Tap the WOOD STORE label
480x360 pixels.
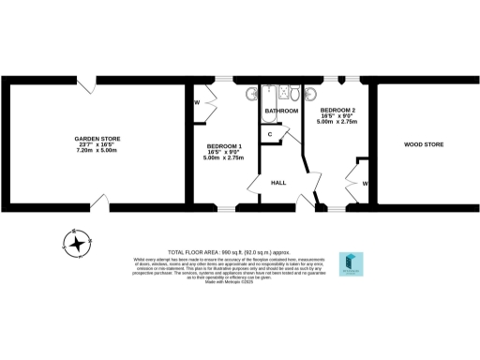423,144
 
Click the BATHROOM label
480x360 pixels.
280,111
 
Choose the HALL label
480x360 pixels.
278,182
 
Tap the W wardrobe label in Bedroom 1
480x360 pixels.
198,101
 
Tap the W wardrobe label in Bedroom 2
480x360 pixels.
365,184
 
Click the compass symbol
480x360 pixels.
76,242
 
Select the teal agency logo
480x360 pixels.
351,264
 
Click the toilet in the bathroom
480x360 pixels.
292,94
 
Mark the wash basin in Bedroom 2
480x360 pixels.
311,95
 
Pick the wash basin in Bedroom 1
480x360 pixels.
250,95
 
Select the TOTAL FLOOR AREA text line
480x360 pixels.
239,253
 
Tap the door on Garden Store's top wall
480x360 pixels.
87,86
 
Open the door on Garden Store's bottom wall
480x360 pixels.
103,201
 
